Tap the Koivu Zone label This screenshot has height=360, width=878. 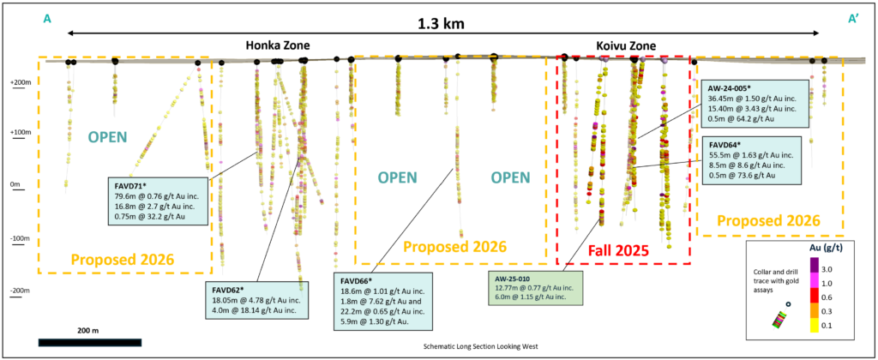[626, 45]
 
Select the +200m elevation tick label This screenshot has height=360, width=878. [20, 83]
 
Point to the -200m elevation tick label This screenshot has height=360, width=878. [20, 291]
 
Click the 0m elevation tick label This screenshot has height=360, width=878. [15, 184]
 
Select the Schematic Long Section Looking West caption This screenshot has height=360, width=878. [477, 349]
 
